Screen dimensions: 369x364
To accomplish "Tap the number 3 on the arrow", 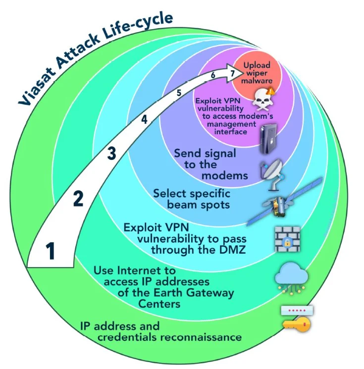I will click(112, 154).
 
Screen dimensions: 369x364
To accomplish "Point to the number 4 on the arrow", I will click(144, 119).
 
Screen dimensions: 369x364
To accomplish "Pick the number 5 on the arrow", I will click(179, 92).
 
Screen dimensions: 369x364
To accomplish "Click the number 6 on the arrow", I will click(212, 76).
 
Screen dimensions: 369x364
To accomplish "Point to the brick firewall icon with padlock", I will click(288, 239).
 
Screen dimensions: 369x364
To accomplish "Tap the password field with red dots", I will click(298, 311).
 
